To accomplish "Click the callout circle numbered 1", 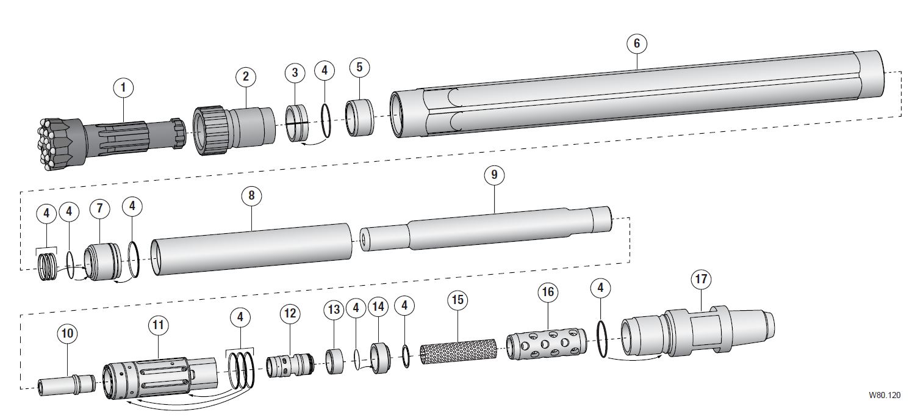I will pyautogui.click(x=123, y=88).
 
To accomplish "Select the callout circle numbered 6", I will pyautogui.click(x=636, y=43).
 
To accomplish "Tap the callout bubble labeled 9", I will pyautogui.click(x=494, y=175).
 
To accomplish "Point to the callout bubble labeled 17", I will pyautogui.click(x=701, y=280).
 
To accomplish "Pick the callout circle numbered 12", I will pyautogui.click(x=290, y=314).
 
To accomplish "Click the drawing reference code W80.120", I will pyautogui.click(x=884, y=396).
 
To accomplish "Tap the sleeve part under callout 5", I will pyautogui.click(x=359, y=118).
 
